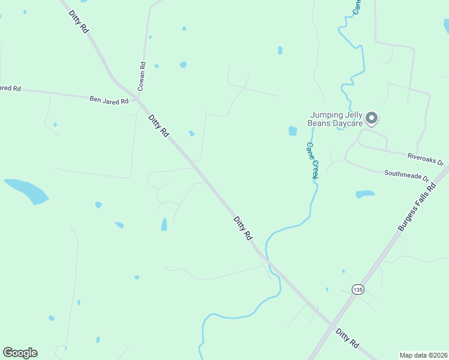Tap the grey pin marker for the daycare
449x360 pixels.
(x=372, y=118)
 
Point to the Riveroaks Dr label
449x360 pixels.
(x=425, y=159)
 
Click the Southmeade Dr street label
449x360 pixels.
(x=407, y=175)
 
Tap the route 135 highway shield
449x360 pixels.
(x=358, y=289)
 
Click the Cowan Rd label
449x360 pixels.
(x=142, y=77)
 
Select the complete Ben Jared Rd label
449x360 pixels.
(x=109, y=100)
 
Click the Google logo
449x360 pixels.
(x=20, y=353)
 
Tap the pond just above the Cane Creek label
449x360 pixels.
(x=292, y=131)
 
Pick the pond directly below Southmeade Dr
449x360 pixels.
(x=365, y=194)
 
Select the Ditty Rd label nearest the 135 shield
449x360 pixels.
(x=347, y=338)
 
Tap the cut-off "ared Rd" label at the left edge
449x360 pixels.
(x=10, y=88)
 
